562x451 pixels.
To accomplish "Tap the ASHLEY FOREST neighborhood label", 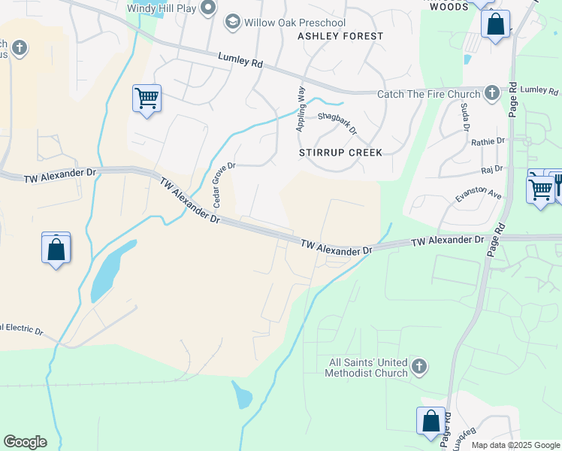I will [x=340, y=36].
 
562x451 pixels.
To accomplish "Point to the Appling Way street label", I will [x=301, y=114].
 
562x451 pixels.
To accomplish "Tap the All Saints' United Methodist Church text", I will [x=368, y=368].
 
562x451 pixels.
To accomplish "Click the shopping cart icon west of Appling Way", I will [x=147, y=98].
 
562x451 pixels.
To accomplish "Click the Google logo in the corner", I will [x=25, y=442].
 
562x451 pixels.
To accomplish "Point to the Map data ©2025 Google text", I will [x=515, y=445].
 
